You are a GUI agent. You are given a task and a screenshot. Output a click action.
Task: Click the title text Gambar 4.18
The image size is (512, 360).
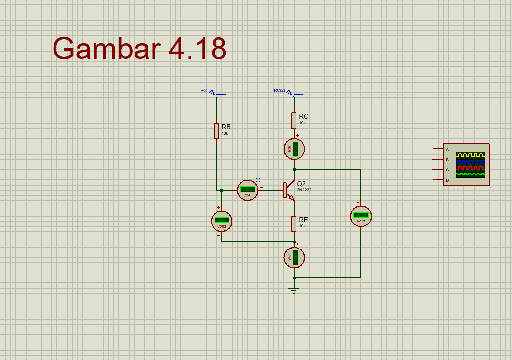[x=139, y=49]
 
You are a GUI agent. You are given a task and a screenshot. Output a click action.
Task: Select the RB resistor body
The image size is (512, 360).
[x=216, y=131]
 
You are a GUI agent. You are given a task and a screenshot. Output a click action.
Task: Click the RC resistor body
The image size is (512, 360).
[x=294, y=120]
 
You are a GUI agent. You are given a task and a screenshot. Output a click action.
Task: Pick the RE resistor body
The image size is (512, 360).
[x=294, y=223]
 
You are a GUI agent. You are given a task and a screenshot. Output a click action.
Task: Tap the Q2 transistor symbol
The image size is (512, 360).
[x=288, y=191]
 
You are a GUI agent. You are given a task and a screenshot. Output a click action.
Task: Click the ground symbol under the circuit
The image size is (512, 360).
[x=294, y=290]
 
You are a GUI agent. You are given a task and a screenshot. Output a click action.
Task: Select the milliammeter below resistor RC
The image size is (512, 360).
[x=295, y=149]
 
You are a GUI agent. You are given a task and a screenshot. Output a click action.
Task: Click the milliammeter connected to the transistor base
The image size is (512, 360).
[x=247, y=190]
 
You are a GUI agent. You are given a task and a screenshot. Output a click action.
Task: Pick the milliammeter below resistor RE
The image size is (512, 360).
[x=295, y=257]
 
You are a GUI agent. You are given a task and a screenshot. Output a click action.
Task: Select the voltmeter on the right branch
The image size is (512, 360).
[x=361, y=216]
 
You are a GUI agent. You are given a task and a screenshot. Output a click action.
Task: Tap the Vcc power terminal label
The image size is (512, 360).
[x=204, y=90]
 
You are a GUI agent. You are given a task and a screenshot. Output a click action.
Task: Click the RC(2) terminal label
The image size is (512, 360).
[x=279, y=90]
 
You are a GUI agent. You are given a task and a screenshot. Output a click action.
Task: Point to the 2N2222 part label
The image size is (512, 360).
[x=304, y=190]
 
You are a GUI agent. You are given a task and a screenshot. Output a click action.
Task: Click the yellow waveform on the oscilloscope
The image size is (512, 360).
[x=470, y=155]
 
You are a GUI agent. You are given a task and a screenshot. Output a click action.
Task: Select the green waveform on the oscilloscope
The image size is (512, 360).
[x=470, y=174]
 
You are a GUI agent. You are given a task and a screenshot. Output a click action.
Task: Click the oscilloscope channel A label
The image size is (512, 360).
[x=447, y=149]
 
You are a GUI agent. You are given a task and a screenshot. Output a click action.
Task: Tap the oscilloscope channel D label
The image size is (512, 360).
[x=447, y=181]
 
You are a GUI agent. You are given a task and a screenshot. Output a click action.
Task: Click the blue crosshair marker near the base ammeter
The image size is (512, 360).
[x=258, y=180]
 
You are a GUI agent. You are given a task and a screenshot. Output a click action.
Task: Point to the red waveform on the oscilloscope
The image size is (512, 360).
[x=470, y=167]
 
